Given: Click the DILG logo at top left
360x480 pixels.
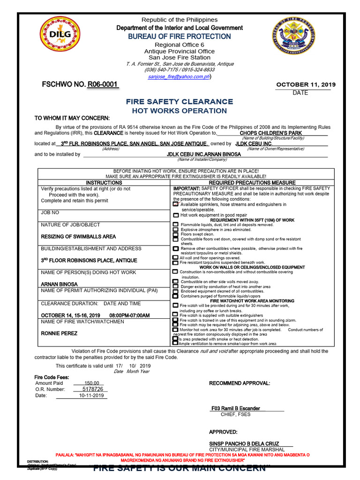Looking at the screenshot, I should click(x=57, y=37).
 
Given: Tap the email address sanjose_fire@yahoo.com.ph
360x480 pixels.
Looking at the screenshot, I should click(x=179, y=76).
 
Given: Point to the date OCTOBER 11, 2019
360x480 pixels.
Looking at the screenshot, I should click(x=306, y=85).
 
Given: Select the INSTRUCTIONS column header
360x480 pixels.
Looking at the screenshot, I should click(x=104, y=182).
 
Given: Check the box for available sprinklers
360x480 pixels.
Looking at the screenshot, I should click(x=176, y=204).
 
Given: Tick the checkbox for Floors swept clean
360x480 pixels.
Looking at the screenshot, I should click(x=176, y=234).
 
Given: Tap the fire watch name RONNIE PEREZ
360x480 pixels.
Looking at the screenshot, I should click(x=60, y=333).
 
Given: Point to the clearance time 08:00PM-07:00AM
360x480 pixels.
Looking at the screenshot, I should click(x=129, y=315).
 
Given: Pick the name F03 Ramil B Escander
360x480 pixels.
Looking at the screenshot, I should click(x=236, y=408).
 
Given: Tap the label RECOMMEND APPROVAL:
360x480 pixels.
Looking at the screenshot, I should click(x=240, y=383).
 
